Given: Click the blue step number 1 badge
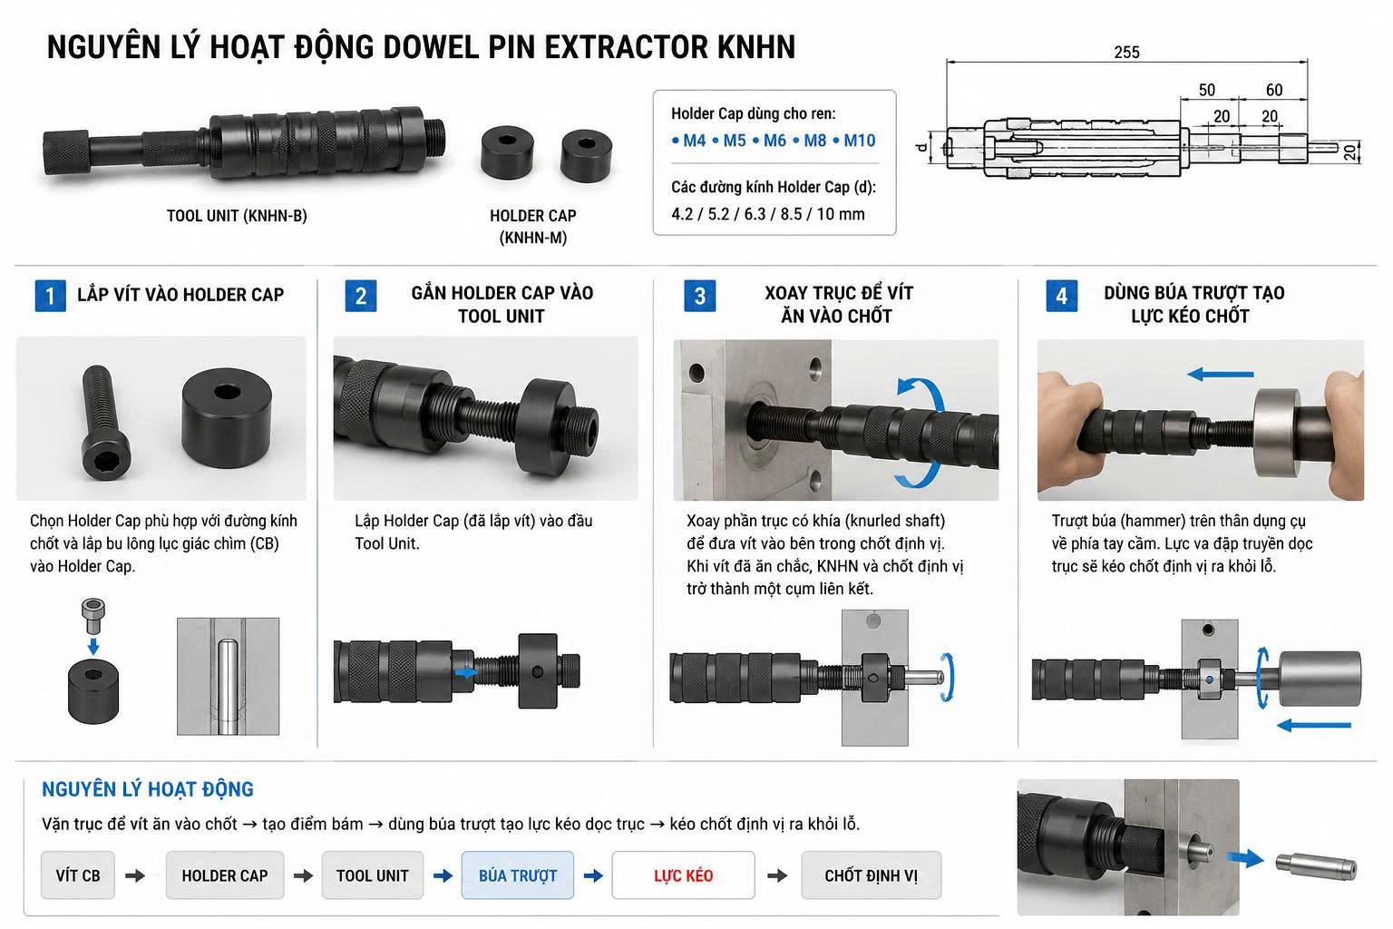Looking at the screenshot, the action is click(51, 296).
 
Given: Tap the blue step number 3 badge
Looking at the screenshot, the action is click(699, 296).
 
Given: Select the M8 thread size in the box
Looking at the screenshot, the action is click(814, 141).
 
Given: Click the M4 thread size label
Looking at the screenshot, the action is click(694, 141).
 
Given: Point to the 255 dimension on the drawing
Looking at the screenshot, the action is click(1127, 53).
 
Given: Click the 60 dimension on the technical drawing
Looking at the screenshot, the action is click(1274, 90).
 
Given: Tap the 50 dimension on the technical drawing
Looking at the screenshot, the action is click(1207, 90).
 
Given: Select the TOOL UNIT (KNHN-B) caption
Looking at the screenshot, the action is click(237, 216).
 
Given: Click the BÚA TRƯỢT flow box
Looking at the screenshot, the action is click(518, 875).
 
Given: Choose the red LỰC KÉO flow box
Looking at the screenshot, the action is click(684, 875).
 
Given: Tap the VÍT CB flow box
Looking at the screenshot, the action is click(78, 875).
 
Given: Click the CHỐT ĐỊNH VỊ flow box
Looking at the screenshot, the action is click(872, 875).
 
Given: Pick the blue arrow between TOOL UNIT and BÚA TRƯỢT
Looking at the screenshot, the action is click(443, 876).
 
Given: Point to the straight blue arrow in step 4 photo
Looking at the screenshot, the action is click(1220, 375).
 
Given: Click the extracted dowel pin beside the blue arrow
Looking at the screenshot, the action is click(1316, 866).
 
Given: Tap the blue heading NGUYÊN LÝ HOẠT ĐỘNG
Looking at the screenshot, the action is click(148, 789).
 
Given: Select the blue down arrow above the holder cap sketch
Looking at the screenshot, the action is click(93, 645).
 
